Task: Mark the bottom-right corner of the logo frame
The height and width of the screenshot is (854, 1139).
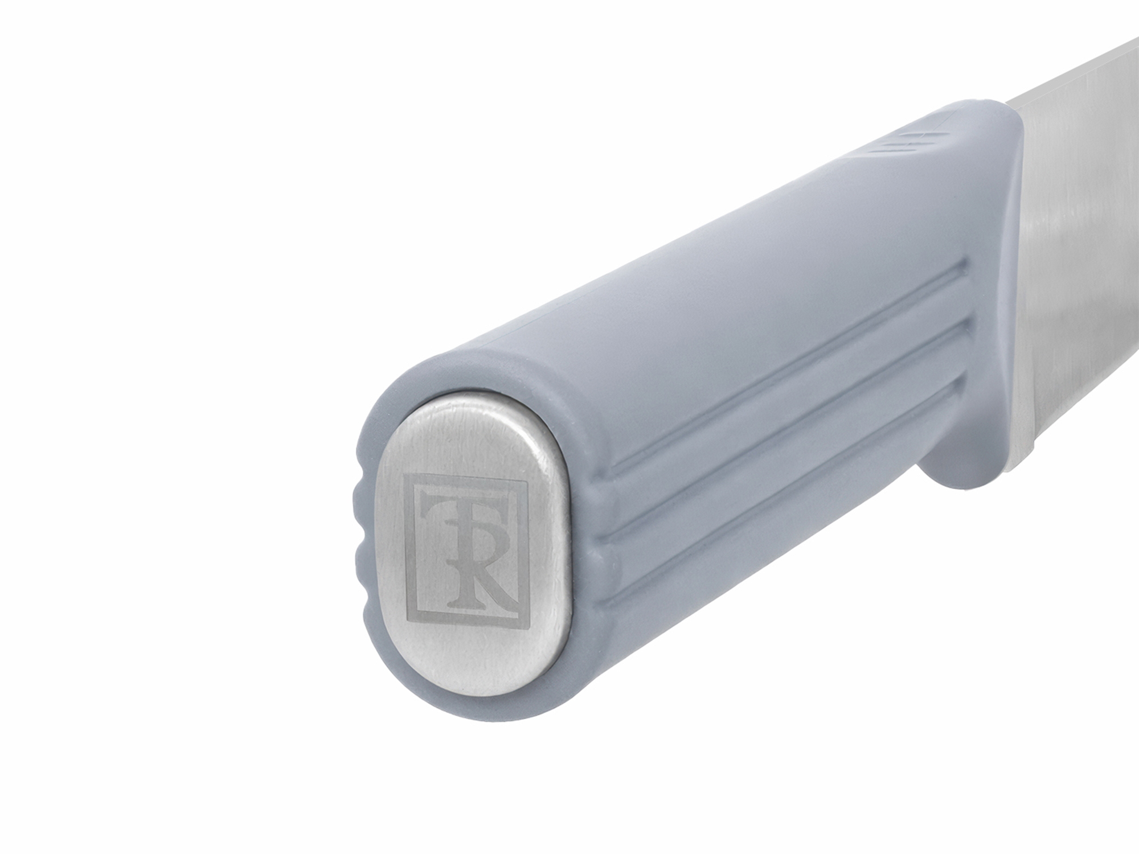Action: pyautogui.click(x=521, y=628)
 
